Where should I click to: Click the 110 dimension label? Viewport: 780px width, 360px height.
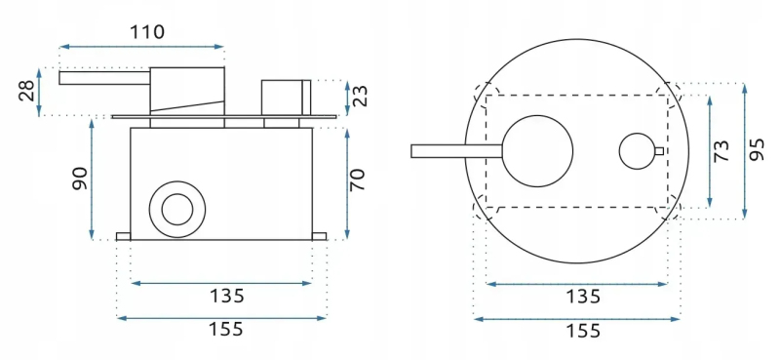pyautogui.click(x=147, y=32)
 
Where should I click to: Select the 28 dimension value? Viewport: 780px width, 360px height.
pyautogui.click(x=27, y=91)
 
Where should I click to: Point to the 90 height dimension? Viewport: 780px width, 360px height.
pyautogui.click(x=80, y=179)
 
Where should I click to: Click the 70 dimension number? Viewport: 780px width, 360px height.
pyautogui.click(x=358, y=180)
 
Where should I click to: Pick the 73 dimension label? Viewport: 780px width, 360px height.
pyautogui.click(x=721, y=151)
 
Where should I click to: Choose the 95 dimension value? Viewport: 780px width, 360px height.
pyautogui.click(x=757, y=150)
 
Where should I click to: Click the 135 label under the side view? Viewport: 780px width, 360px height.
pyautogui.click(x=227, y=296)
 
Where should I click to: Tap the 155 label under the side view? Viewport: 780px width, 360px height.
pyautogui.click(x=225, y=329)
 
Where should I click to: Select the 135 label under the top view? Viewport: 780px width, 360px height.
pyautogui.click(x=583, y=297)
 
